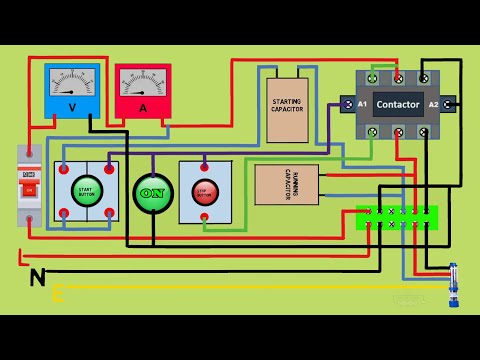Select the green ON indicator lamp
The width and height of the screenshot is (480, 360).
coord(153,193)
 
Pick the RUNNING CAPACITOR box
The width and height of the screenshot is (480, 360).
coord(286,185)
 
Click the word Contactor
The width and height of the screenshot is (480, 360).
coord(397,104)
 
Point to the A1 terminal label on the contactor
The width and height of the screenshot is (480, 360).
coord(362,104)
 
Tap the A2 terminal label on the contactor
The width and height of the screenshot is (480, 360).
coord(434,104)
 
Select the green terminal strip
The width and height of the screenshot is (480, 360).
coord(397,218)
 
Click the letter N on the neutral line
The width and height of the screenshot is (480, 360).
coord(37,276)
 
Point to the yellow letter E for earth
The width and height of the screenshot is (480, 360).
coord(58,293)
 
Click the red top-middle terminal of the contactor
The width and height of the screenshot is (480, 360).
coord(399,77)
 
